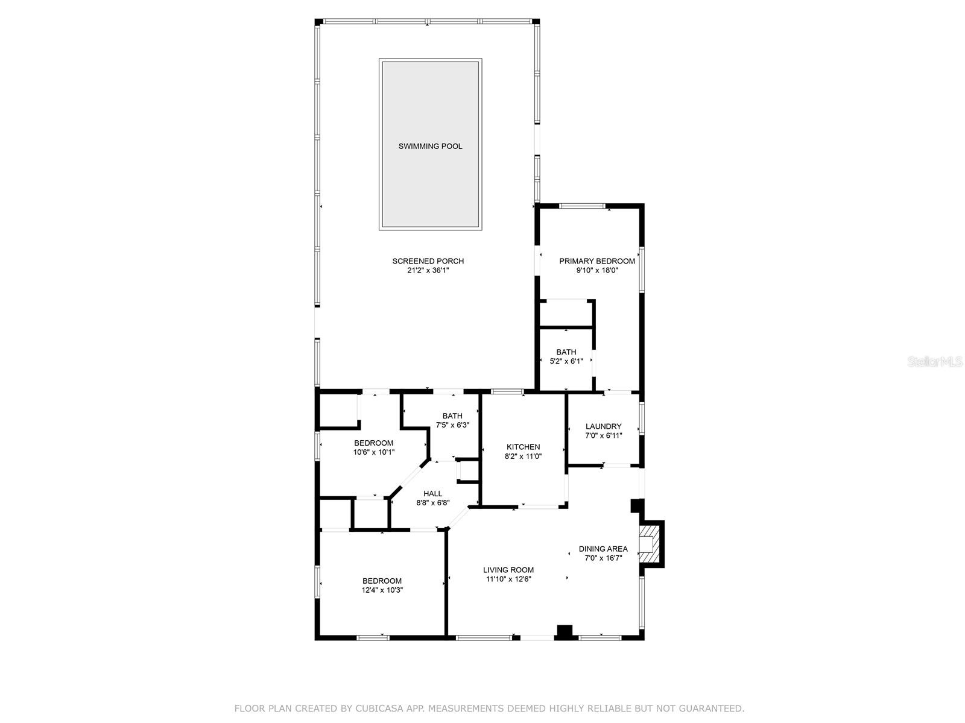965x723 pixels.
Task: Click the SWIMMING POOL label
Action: coord(430,146)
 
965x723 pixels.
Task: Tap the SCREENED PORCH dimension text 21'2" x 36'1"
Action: coord(428,271)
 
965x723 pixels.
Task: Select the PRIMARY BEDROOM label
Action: coord(597,261)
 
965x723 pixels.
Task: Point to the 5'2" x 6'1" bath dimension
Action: coord(566,362)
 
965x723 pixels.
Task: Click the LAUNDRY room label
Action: coord(603,426)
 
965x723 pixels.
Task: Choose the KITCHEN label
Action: coord(523,447)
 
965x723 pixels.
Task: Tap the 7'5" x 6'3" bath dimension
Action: coord(452,425)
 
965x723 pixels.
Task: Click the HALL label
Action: coord(432,493)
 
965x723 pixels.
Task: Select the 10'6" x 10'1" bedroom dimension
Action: coord(373,452)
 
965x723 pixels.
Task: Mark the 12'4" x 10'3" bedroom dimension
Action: coord(382,590)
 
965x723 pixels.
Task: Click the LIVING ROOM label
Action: coord(508,570)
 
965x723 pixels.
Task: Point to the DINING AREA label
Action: coord(603,549)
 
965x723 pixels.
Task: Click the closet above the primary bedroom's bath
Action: coord(565,314)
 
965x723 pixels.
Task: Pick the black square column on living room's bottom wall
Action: coord(564,632)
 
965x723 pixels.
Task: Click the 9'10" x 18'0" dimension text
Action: coord(597,271)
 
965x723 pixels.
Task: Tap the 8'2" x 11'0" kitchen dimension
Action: coord(523,456)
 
